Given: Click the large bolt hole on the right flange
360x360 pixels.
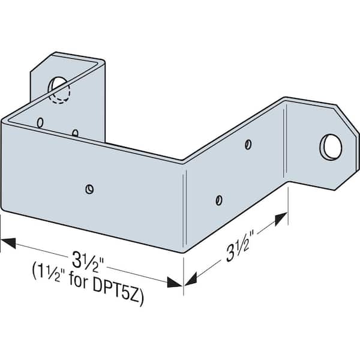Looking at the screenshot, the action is [x=331, y=147].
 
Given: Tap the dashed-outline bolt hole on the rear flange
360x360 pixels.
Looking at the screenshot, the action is [x=59, y=89].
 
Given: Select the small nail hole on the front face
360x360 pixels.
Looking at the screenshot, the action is [x=89, y=189].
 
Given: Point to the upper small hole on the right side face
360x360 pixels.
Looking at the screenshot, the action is [x=248, y=145].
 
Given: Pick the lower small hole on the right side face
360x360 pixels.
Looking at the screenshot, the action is [x=219, y=200].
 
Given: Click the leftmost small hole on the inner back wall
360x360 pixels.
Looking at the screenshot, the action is [x=40, y=122].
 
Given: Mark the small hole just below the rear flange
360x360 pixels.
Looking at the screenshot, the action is [x=75, y=133].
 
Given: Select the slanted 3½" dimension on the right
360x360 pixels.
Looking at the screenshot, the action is [x=240, y=245].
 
